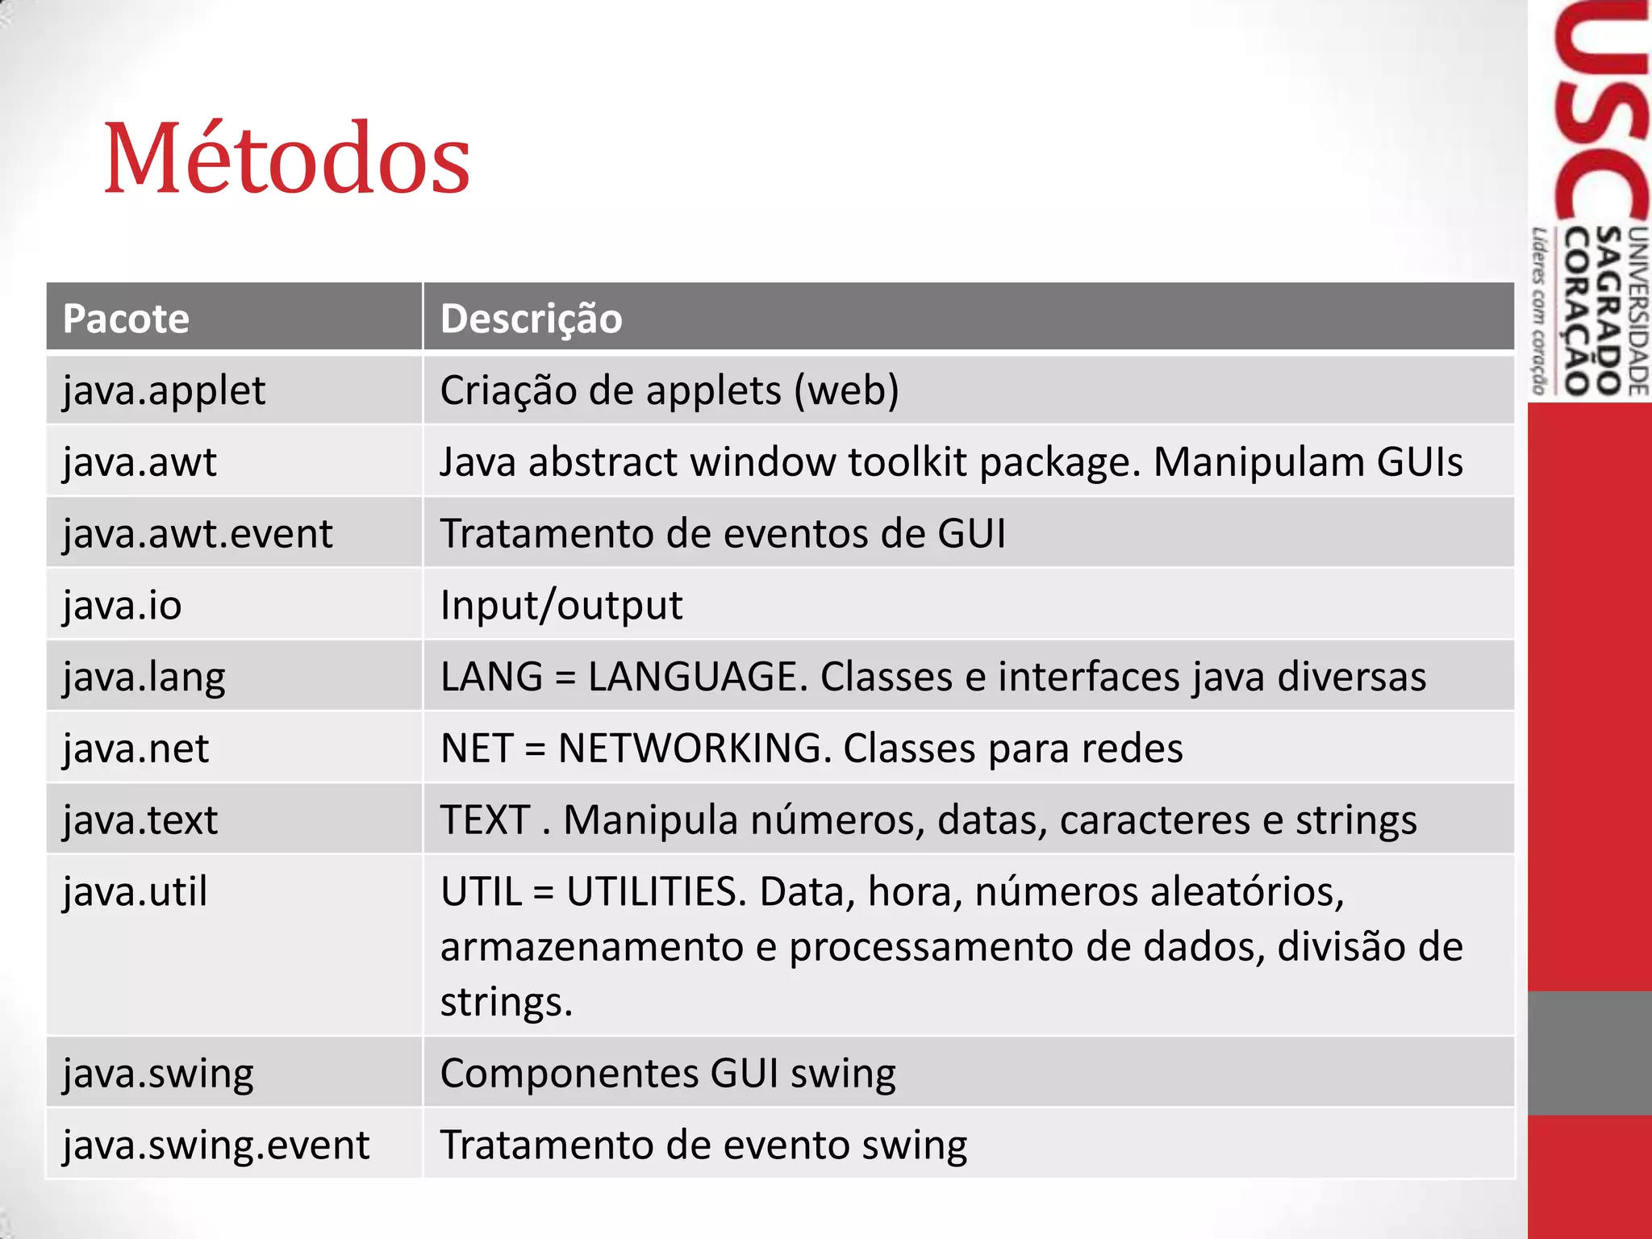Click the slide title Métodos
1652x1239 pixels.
pos(286,158)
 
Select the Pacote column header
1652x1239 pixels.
pos(126,319)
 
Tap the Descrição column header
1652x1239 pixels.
pos(531,319)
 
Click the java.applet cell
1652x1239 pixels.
pos(164,391)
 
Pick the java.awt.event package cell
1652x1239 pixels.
pos(198,534)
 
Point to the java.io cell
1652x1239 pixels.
pos(123,606)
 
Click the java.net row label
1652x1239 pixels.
pos(136,749)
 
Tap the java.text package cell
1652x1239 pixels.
pos(140,820)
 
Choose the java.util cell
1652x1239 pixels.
pos(136,892)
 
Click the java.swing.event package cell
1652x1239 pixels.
pos(216,1145)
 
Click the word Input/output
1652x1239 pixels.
pos(561,606)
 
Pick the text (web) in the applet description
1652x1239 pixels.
pos(846,391)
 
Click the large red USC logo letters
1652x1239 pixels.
pos(1600,113)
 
